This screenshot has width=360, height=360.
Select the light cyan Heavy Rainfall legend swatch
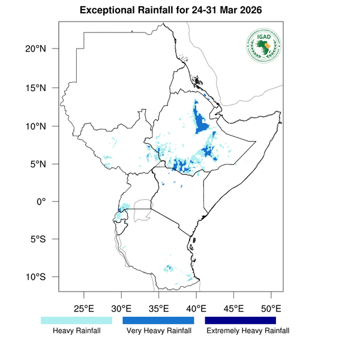[76, 321]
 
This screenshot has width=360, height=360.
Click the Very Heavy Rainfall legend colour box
[158, 321]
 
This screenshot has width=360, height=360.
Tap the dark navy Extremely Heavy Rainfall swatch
[241, 321]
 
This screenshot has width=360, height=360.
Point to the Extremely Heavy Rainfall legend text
[247, 331]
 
